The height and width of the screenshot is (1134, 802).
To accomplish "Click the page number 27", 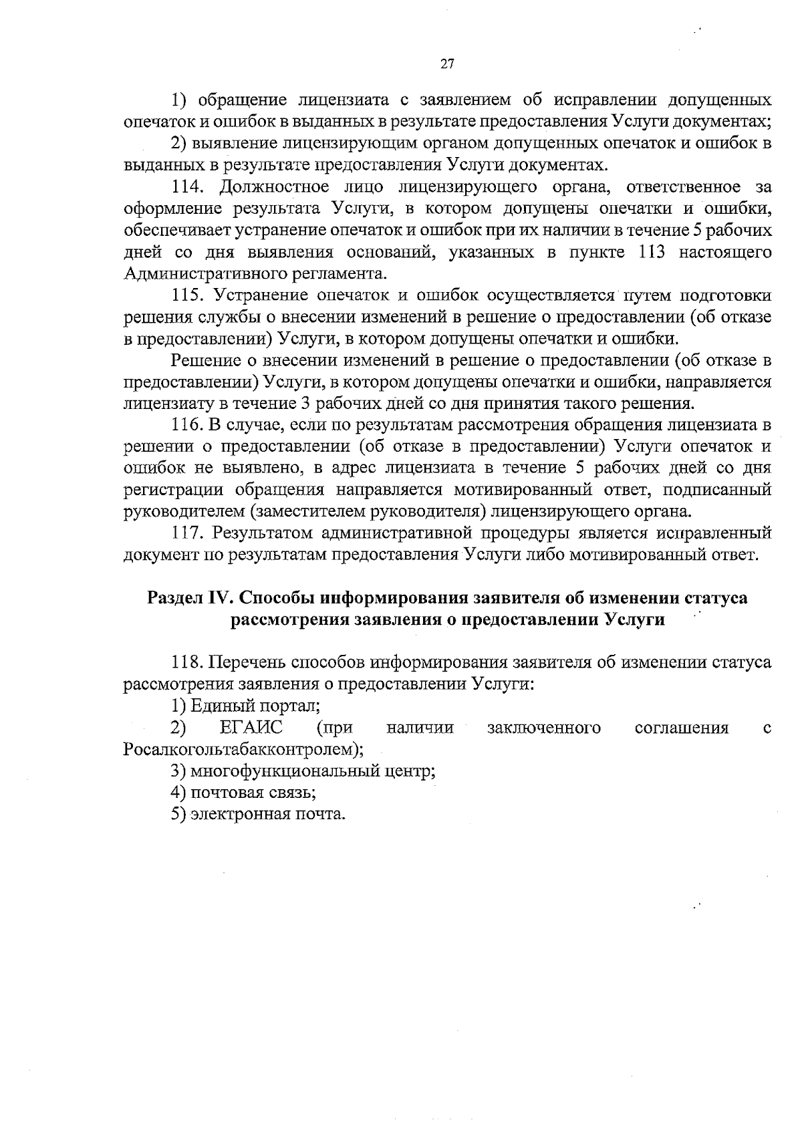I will tap(447, 64).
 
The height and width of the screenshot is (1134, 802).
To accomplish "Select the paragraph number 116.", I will tap(187, 425).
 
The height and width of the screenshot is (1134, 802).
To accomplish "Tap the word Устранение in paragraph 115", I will tap(253, 295).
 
